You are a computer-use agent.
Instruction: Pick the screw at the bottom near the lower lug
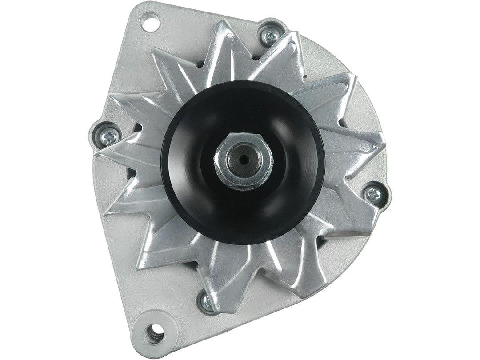[x=207, y=302]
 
